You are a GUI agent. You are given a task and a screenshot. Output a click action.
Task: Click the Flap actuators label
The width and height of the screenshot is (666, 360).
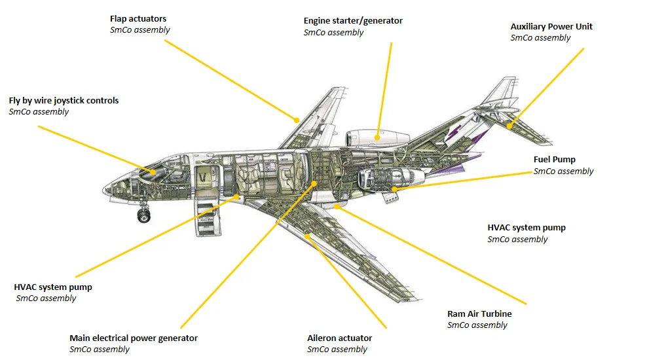[x=138, y=19]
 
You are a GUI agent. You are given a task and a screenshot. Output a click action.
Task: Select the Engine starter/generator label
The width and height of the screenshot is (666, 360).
[x=353, y=21]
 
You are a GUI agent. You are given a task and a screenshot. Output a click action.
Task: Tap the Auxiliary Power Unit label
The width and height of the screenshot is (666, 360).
[x=551, y=26]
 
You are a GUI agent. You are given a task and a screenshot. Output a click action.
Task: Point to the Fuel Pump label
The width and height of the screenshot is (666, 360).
[x=554, y=160]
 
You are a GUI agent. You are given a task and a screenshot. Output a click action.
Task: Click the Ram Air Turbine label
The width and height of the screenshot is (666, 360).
[x=479, y=314]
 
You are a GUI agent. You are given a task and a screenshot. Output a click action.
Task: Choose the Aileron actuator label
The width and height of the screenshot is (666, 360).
[x=339, y=338]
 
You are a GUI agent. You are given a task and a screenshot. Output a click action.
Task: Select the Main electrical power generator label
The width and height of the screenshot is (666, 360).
[x=134, y=338]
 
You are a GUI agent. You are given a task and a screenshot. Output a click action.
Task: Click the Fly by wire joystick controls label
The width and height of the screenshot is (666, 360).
[x=64, y=101]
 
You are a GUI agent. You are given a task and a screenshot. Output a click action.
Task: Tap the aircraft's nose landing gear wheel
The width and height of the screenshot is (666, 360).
[x=143, y=215]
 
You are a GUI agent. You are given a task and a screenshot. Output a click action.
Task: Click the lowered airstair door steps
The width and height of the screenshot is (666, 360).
[x=208, y=219]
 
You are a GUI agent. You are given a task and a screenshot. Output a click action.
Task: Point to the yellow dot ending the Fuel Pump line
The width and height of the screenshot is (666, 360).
[x=394, y=189]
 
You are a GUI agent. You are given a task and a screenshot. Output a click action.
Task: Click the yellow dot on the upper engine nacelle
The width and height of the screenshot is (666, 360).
[x=377, y=137]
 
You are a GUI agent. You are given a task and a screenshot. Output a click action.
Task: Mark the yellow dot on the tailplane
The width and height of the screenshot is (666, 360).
[x=509, y=126]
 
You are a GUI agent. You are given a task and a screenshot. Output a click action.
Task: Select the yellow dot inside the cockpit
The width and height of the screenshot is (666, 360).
[x=153, y=172]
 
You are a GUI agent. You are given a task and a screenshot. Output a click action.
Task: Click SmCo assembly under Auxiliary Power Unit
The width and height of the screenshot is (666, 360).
[x=540, y=38]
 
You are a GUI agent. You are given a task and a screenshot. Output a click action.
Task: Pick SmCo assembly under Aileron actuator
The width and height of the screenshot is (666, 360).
[x=337, y=349]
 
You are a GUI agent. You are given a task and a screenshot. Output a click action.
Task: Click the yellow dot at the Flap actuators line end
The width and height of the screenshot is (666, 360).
[x=297, y=120]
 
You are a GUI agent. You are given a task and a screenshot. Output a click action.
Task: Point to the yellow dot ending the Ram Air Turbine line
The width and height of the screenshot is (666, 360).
[x=337, y=206]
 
